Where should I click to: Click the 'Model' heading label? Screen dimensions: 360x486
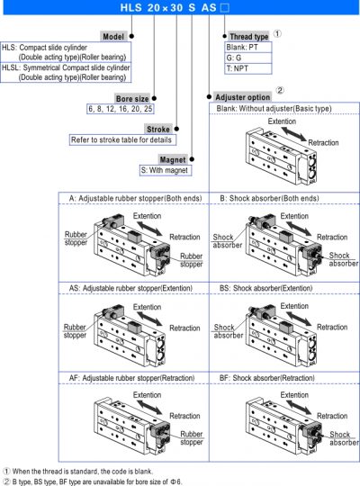click(113, 37)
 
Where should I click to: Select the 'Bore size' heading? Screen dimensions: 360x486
click(132, 99)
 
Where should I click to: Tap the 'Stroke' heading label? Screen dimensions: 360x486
click(158, 129)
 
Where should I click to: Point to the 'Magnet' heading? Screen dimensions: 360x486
click(173, 159)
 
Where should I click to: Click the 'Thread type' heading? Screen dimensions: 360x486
click(249, 37)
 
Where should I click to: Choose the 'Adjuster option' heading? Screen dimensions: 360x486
click(243, 97)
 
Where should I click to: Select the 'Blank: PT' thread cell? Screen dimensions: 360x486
click(248, 47)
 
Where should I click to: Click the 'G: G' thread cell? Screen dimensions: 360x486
click(248, 58)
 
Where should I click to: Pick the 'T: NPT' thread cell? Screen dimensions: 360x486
click(248, 68)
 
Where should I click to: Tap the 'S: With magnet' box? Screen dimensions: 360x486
click(166, 170)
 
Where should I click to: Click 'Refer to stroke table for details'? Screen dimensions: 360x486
click(122, 139)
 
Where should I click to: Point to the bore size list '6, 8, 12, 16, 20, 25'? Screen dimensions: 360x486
click(121, 109)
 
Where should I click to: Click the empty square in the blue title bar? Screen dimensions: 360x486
click(224, 8)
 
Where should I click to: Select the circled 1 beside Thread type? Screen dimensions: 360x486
click(277, 33)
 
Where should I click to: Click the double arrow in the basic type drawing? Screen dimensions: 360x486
click(293, 133)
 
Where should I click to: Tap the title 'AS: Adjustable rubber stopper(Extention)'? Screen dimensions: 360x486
click(130, 288)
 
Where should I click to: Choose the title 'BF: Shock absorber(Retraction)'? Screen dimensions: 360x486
click(267, 378)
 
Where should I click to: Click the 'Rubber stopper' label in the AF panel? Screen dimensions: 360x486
click(192, 438)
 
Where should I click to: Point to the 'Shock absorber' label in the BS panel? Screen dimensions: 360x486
click(229, 331)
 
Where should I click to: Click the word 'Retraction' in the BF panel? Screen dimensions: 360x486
click(332, 416)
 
